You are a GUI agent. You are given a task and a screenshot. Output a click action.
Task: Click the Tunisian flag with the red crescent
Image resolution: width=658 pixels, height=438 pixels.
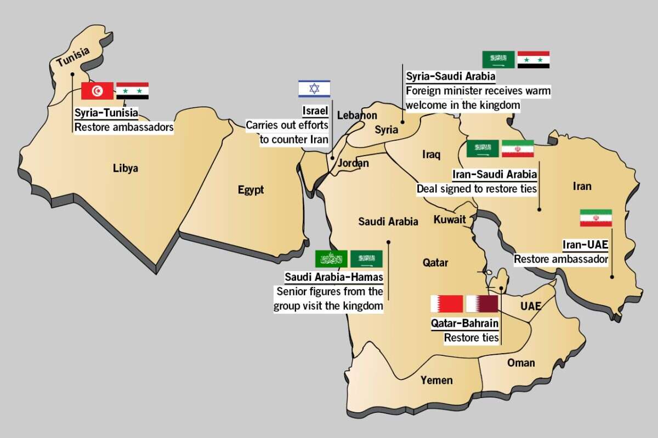click(x=97, y=91)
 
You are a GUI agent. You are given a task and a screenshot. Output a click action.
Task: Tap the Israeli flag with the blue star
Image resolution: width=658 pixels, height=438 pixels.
click(x=314, y=89)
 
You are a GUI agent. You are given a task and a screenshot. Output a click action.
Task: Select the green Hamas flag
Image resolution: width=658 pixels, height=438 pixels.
click(x=331, y=259)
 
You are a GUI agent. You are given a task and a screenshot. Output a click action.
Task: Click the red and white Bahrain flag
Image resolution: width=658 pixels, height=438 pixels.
click(x=446, y=304)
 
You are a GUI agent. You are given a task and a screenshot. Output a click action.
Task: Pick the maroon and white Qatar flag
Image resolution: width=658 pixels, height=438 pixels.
click(x=482, y=304)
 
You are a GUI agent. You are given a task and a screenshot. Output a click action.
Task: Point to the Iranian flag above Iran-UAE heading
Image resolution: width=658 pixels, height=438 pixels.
click(x=595, y=218)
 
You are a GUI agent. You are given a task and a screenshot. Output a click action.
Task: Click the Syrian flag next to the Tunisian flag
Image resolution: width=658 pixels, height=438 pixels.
click(x=133, y=91)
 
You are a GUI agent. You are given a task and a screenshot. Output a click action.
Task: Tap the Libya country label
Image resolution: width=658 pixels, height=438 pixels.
click(x=126, y=168)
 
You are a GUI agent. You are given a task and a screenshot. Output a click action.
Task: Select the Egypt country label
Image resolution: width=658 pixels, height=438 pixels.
click(x=251, y=190)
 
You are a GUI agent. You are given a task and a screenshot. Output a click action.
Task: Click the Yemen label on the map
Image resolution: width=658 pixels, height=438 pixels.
click(x=436, y=380)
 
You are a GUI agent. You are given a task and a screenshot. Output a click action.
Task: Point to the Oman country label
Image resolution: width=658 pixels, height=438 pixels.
click(x=521, y=362)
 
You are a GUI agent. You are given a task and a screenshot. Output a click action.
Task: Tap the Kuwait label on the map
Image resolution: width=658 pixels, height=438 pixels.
click(x=450, y=220)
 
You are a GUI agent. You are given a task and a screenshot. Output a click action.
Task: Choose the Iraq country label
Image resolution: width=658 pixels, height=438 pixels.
click(x=431, y=155)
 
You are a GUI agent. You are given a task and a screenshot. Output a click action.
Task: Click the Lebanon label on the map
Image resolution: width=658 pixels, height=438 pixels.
click(x=357, y=116)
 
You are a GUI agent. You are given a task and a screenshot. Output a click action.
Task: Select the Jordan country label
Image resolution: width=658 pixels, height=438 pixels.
click(x=353, y=163)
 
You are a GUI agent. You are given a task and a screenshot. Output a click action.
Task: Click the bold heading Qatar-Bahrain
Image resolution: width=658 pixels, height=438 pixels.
click(x=465, y=324)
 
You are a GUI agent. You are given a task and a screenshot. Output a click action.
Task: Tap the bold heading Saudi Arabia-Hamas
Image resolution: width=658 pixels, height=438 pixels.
click(x=333, y=277)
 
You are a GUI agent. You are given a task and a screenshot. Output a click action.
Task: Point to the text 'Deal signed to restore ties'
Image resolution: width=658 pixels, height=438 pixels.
click(x=477, y=189)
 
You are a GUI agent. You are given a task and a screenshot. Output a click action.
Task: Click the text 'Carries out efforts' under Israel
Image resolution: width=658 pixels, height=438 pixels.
click(x=287, y=125)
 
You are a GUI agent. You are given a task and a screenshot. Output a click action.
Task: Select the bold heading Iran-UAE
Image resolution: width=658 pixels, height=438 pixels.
click(x=585, y=244)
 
